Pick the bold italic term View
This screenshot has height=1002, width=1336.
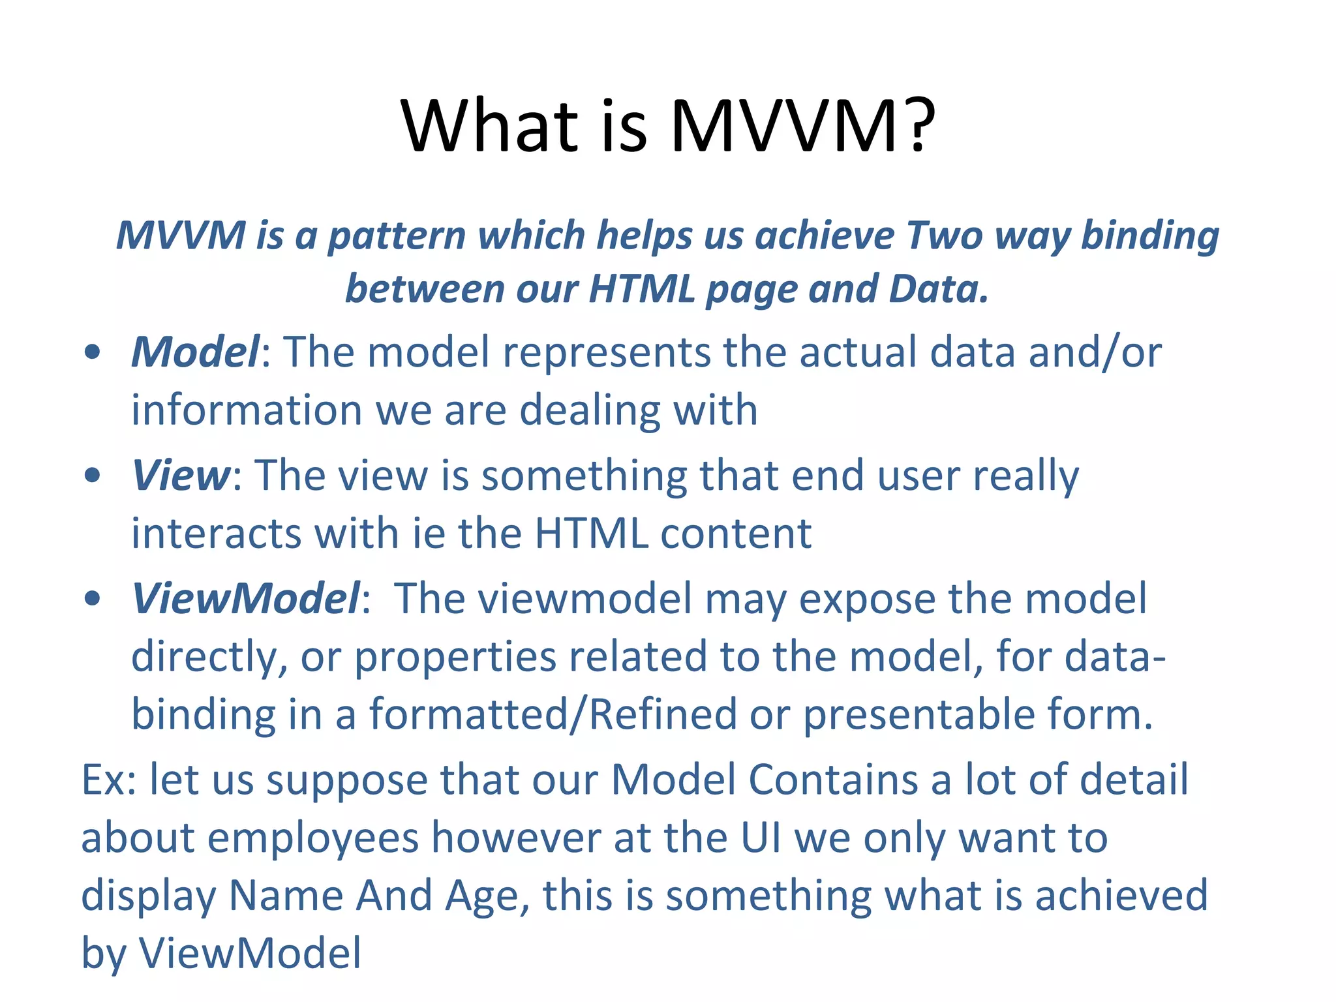pyautogui.click(x=181, y=475)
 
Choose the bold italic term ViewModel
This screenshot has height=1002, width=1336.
pyautogui.click(x=245, y=598)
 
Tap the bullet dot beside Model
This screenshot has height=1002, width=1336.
pyautogui.click(x=93, y=353)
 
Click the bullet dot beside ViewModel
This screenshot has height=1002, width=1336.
pyautogui.click(x=93, y=598)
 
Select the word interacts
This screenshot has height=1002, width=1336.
pyautogui.click(x=216, y=533)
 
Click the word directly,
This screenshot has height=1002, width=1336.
pyautogui.click(x=209, y=657)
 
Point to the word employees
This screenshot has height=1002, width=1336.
pyautogui.click(x=314, y=838)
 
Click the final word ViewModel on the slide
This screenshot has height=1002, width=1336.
pyautogui.click(x=250, y=953)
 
